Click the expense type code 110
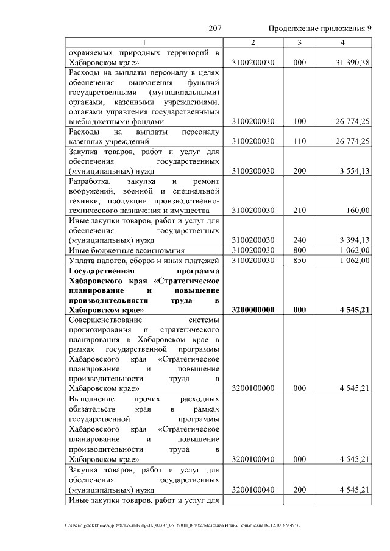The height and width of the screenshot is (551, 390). [x=299, y=141]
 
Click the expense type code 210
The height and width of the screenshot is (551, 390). [x=299, y=211]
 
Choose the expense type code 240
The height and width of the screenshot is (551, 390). [x=299, y=240]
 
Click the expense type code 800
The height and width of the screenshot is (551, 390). [x=299, y=250]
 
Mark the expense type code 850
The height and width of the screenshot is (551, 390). [x=299, y=261]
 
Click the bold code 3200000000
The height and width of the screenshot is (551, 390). [x=253, y=310]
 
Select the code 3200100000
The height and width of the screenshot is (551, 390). [x=253, y=388]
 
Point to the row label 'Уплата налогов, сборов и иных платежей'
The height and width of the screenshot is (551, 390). [x=144, y=261]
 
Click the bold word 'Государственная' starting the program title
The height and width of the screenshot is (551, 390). [x=100, y=270]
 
